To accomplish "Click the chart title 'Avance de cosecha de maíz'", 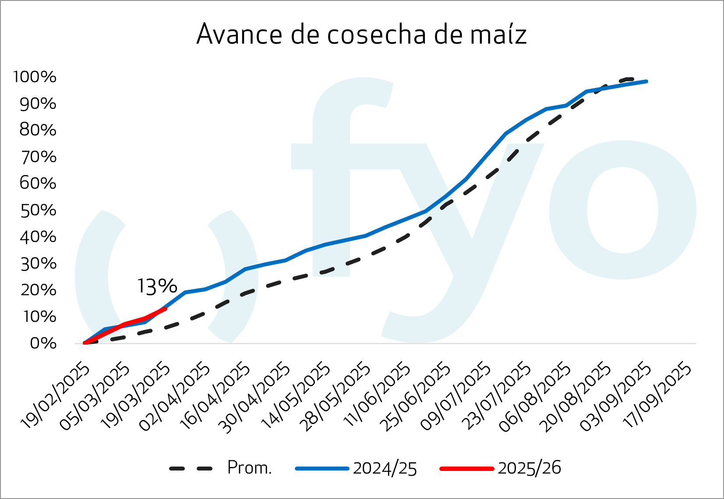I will point(361,34).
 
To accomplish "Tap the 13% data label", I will point(157,286).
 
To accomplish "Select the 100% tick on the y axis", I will point(35,77).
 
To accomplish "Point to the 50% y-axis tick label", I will point(39,210).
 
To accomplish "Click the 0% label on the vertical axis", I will point(43,343).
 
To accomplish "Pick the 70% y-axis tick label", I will point(39,157).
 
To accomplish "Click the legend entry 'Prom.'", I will point(249,468).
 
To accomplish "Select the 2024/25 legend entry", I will point(385,468).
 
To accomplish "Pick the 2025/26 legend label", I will point(529,468).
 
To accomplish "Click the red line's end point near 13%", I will point(165,309).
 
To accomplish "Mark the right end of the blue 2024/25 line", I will point(646,82).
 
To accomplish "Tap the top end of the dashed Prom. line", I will point(631,79).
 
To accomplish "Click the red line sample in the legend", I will point(466,468).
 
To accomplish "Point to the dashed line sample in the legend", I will point(191,468).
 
